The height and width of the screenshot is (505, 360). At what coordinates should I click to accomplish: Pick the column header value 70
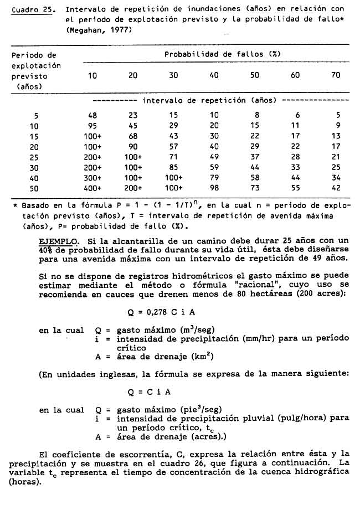[336, 75]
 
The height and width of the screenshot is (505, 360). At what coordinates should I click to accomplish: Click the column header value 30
[173, 75]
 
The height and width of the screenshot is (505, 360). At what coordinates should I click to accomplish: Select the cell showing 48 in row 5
[92, 115]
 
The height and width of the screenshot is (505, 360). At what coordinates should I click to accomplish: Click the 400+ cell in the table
[92, 188]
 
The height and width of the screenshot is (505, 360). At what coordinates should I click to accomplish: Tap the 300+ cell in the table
[92, 177]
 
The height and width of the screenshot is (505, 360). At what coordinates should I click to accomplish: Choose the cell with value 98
[214, 188]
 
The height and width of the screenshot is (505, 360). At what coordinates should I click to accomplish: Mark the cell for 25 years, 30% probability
[173, 157]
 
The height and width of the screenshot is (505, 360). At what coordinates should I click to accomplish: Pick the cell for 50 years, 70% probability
[336, 188]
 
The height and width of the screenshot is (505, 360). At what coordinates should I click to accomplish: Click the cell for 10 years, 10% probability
[92, 126]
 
